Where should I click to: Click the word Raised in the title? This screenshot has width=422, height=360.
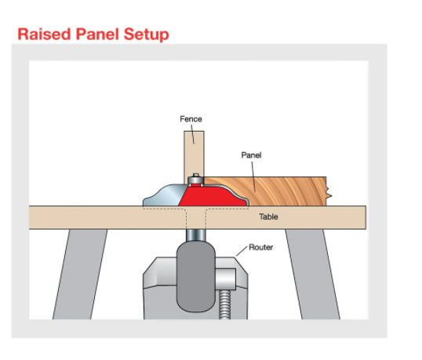pyautogui.click(x=45, y=35)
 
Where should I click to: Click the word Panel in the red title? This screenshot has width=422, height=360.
pyautogui.click(x=97, y=35)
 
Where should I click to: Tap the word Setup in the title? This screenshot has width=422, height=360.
pyautogui.click(x=147, y=35)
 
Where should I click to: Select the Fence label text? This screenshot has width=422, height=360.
pyautogui.click(x=191, y=119)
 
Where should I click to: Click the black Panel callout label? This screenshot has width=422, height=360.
pyautogui.click(x=251, y=155)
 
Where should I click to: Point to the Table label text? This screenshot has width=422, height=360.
pyautogui.click(x=268, y=216)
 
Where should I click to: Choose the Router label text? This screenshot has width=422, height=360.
pyautogui.click(x=260, y=247)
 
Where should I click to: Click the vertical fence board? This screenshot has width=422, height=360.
pyautogui.click(x=194, y=154)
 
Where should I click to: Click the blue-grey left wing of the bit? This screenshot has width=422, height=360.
pyautogui.click(x=163, y=196)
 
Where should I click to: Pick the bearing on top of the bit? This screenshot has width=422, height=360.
pyautogui.click(x=196, y=180)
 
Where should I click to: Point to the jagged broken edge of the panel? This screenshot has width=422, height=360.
pyautogui.click(x=329, y=191)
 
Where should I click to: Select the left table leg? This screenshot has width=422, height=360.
pyautogui.click(x=80, y=274)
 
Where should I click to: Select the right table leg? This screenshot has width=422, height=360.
pyautogui.click(x=313, y=274)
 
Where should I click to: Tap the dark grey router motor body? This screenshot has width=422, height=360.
pyautogui.click(x=196, y=277)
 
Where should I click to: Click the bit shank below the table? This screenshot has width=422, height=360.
pyautogui.click(x=195, y=235)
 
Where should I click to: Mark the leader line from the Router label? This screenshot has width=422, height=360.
pyautogui.click(x=242, y=251)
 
